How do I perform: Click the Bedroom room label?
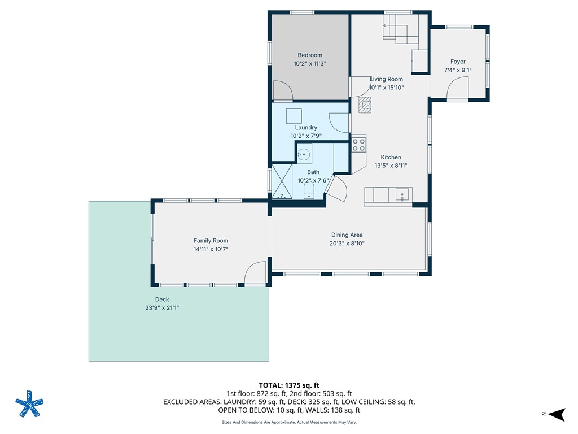[310, 55]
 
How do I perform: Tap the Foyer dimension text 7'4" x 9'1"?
[458, 71]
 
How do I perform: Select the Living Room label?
[386, 79]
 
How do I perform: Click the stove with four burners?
[359, 144]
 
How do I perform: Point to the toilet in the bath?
[309, 189]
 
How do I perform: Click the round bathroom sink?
[304, 153]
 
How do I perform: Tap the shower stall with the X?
[282, 181]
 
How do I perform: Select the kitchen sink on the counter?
[403, 195]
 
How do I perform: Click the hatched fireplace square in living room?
[365, 105]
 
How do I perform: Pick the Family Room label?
[211, 241]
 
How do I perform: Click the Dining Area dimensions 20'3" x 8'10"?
[347, 244]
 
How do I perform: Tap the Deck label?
[162, 300]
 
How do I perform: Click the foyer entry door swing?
[458, 89]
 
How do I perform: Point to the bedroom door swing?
[282, 90]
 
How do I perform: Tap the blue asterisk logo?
[29, 404]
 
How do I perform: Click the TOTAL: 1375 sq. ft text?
[289, 385]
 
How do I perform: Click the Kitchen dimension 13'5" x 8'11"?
[391, 166]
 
